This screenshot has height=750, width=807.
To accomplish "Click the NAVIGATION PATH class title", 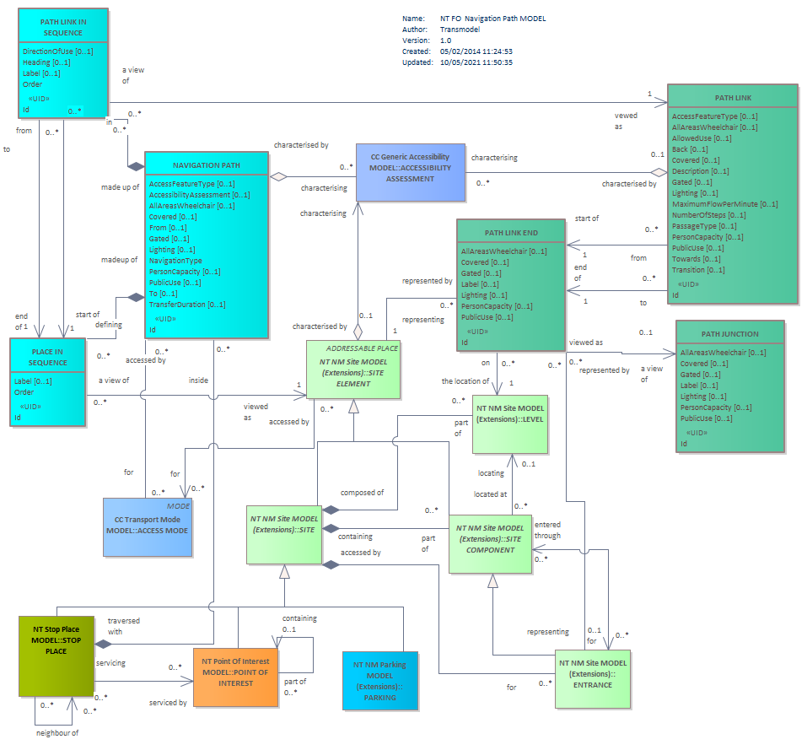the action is click(207, 165).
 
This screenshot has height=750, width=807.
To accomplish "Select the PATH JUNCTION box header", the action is click(729, 334).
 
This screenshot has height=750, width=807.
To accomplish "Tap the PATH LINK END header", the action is click(511, 233).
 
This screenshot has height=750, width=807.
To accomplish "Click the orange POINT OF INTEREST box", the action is click(236, 677).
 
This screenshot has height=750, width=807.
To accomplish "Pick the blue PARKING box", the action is click(380, 681).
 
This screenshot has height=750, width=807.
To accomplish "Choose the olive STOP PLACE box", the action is click(56, 656).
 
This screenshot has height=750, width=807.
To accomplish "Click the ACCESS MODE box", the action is click(148, 527).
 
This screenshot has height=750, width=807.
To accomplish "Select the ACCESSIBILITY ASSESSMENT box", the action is click(411, 172).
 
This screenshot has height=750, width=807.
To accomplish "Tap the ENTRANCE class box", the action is click(593, 679).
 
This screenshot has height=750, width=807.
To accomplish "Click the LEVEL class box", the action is click(510, 424).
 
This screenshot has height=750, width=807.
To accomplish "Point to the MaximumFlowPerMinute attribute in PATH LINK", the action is click(724, 204).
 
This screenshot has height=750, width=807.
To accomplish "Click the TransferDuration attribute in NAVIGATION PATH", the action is click(187, 305).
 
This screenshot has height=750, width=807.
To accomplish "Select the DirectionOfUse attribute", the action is click(57, 51).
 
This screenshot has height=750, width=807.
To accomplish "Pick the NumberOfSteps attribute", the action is click(708, 215).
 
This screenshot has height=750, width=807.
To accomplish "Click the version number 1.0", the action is click(446, 40).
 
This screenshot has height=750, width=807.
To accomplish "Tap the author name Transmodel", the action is click(460, 30).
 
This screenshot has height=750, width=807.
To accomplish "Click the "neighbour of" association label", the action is click(57, 733).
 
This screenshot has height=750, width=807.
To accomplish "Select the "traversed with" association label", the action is click(123, 627).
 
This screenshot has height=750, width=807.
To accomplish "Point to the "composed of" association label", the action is click(362, 493).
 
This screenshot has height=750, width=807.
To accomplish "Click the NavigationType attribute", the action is click(175, 261).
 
